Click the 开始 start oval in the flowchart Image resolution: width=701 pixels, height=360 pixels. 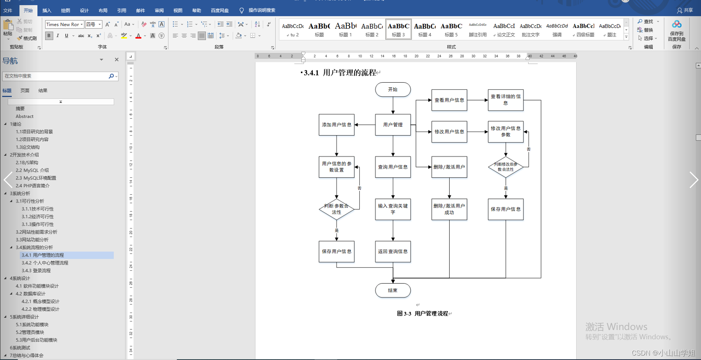coord(393,90)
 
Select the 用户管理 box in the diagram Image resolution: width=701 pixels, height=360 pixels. coord(393,125)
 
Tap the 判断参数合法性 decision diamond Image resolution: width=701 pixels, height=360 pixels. coord(336,209)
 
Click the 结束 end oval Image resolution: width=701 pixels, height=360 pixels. coord(393,290)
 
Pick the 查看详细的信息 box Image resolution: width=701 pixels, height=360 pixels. coord(506,100)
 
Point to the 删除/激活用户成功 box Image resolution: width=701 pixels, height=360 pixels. coord(449,209)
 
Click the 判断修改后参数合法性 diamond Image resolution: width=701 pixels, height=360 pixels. coord(506,167)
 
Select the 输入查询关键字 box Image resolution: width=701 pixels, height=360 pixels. coord(393,209)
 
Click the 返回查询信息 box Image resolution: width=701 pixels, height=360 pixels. coord(393,251)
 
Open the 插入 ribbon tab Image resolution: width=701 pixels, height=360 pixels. coord(47,10)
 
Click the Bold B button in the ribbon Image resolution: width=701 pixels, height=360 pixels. coord(49,36)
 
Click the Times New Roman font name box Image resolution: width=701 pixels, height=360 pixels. coord(62,24)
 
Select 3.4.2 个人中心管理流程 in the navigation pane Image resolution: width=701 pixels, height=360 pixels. coord(45,263)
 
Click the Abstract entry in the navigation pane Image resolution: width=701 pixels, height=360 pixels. coord(24,116)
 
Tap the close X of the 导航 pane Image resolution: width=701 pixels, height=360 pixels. coord(117,60)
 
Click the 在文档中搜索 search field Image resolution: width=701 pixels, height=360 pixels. coord(56,76)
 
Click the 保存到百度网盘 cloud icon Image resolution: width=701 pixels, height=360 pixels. coord(677,25)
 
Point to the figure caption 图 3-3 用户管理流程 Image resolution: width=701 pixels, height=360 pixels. coord(423,314)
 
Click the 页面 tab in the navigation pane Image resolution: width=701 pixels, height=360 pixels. coord(25,90)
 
